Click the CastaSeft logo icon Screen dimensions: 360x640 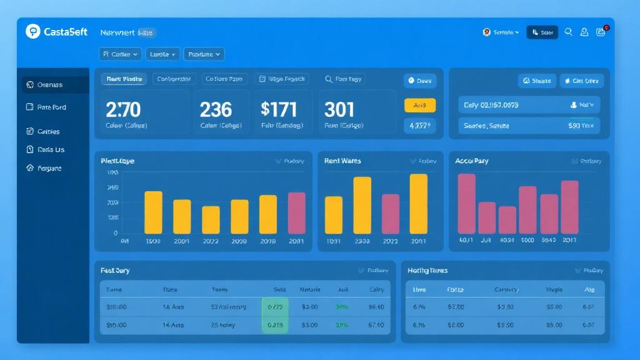32,31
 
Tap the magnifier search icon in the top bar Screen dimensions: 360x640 568,32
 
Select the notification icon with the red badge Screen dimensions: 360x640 601,32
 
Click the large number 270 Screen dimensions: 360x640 123,110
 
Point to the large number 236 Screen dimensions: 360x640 216,110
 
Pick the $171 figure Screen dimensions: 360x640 279,110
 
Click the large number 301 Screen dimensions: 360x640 339,110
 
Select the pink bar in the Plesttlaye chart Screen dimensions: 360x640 296,213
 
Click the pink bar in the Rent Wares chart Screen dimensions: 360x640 390,214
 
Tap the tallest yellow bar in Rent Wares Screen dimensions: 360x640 418,204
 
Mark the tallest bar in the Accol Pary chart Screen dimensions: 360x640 466,204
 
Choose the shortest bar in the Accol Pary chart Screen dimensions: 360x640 507,220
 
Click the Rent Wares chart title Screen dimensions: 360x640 342,161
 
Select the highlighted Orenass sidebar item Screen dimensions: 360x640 50,85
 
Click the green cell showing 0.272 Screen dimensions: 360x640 275,307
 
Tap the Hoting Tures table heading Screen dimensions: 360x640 427,271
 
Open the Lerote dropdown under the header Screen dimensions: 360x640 162,54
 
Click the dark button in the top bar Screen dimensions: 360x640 542,32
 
